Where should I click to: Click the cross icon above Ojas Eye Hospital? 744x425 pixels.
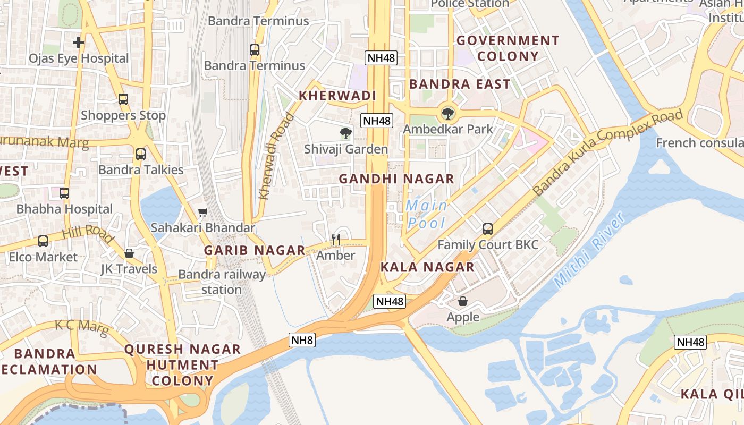[79, 42]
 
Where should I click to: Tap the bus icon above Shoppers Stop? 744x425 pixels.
[123, 99]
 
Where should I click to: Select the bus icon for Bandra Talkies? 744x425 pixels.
[140, 154]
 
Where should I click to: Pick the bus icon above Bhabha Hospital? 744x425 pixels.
[64, 193]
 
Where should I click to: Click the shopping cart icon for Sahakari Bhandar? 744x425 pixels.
[202, 212]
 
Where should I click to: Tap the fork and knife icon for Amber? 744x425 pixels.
[335, 240]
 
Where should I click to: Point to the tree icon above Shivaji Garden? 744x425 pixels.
[346, 133]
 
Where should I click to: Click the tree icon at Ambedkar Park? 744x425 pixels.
[448, 113]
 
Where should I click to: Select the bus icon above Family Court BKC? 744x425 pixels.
[488, 229]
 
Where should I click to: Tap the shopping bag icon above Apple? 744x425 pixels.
[463, 301]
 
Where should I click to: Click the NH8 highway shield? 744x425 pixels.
[302, 340]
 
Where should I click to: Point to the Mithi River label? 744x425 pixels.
[588, 251]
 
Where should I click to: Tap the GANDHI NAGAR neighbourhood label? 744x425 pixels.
[396, 179]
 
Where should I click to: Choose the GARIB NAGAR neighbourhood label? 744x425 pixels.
[255, 250]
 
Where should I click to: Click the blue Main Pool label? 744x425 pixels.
[426, 214]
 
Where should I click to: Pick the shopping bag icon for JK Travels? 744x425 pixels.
[129, 253]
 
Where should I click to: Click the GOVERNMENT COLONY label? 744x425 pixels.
[508, 48]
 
